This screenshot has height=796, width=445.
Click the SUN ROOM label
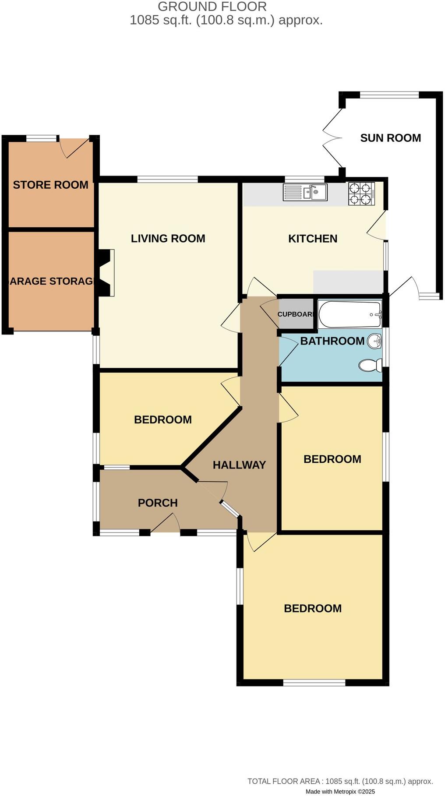point(390,138)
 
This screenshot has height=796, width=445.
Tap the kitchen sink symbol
point(305,192)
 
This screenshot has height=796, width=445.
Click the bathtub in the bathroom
point(350,314)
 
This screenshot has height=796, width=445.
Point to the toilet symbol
point(370,365)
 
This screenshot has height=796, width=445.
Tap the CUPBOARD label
point(296,314)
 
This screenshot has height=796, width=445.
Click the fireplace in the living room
point(106,273)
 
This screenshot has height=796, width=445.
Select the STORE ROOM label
point(50,185)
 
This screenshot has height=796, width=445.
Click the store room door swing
point(72,148)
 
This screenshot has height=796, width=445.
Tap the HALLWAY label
point(239,465)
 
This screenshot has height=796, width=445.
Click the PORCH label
point(158,503)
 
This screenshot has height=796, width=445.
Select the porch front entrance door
point(166,523)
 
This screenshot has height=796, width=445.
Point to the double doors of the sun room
point(332,138)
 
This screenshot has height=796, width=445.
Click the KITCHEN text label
point(313,239)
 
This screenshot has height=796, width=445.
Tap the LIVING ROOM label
point(168,239)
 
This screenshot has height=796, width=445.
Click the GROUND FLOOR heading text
point(212,7)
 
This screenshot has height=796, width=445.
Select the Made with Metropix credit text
point(340,792)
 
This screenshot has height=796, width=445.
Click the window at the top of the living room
point(167,179)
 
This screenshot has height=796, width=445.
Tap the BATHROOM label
point(332,341)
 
